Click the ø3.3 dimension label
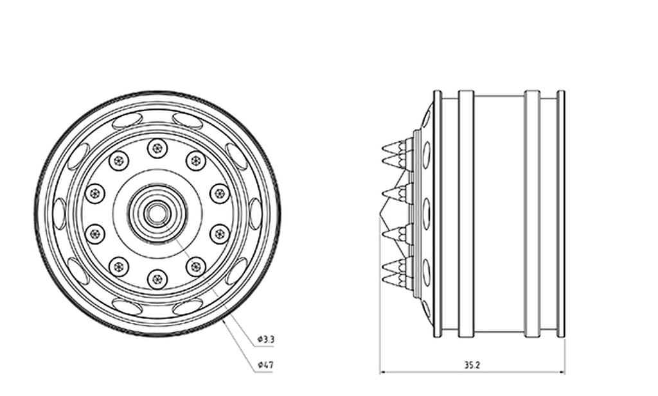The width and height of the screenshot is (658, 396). tap(265, 338)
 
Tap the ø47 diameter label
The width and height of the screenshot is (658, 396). tap(265, 365)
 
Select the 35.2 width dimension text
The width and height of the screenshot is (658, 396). tap(472, 365)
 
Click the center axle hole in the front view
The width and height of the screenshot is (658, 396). tap(157, 214)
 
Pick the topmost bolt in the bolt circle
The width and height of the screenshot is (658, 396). tap(157, 148)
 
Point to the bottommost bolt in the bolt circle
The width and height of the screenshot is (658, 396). tap(157, 279)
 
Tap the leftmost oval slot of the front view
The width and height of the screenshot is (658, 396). tap(59, 214)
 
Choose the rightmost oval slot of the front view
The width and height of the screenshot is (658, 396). tap(255, 214)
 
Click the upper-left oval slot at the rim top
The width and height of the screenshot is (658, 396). tap(127, 120)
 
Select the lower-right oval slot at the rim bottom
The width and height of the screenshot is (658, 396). tap(188, 307)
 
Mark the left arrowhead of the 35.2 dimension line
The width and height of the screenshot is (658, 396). tap(382, 372)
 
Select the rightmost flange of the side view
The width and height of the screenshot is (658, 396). tap(561, 214)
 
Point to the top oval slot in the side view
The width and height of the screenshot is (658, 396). tap(426, 155)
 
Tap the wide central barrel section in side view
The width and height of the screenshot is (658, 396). tap(499, 214)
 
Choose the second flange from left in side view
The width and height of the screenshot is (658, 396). tap(466, 214)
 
